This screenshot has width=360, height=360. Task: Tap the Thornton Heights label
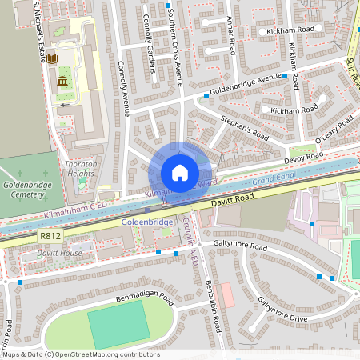pyautogui.click(x=81, y=168)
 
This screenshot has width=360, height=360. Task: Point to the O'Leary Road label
pyautogui.click(x=334, y=130)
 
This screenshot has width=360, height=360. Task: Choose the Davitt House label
pyautogui.click(x=59, y=254)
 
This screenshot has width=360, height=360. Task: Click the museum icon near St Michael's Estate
pyautogui.click(x=62, y=82)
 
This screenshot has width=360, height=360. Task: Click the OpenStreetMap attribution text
pyautogui.click(x=80, y=354)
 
